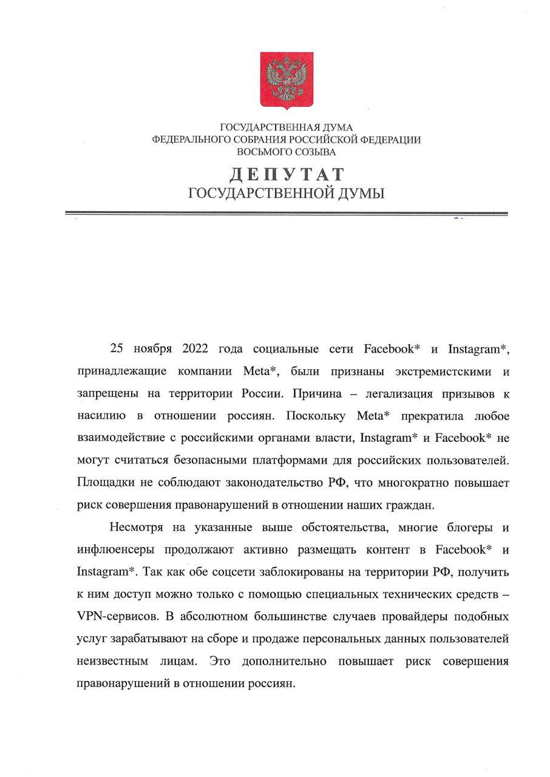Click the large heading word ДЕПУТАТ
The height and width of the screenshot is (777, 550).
tap(287, 175)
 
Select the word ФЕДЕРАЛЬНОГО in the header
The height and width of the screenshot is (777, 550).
tap(190, 140)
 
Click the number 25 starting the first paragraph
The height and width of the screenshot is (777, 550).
tap(116, 349)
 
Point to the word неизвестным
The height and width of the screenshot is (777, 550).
tap(111, 660)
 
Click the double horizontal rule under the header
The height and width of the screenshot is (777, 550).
tap(286, 213)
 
